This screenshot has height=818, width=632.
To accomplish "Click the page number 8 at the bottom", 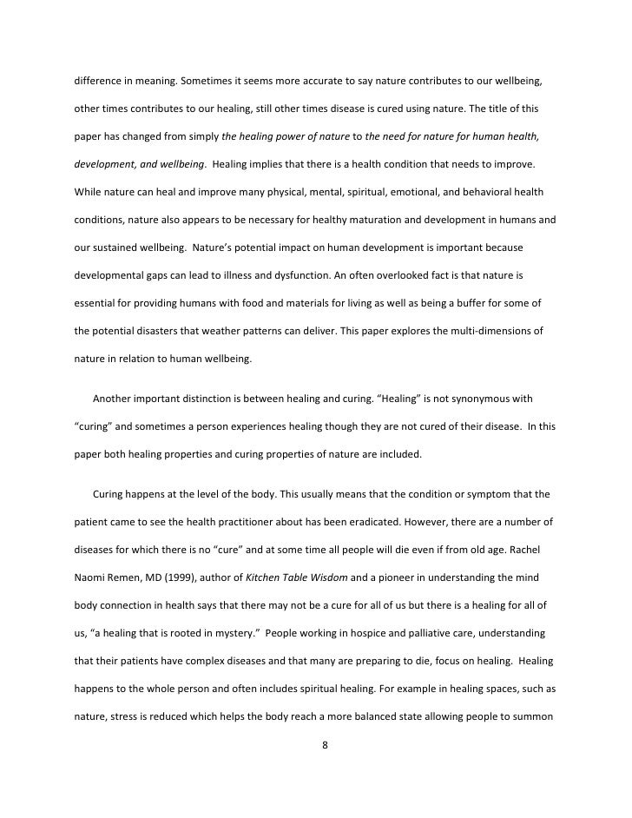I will tap(324, 744).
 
